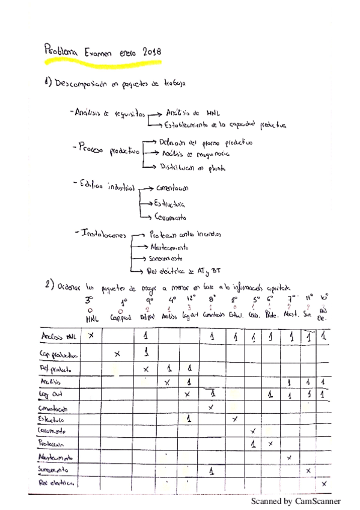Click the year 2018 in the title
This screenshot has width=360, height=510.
click(154, 53)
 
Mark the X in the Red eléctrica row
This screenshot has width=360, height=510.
click(325, 483)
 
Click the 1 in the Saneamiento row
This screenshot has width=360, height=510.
click(212, 472)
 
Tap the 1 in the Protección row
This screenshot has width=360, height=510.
click(254, 444)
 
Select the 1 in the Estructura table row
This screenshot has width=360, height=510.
click(189, 418)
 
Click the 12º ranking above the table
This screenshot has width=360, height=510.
click(191, 298)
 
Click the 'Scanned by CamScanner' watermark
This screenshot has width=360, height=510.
click(295, 500)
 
